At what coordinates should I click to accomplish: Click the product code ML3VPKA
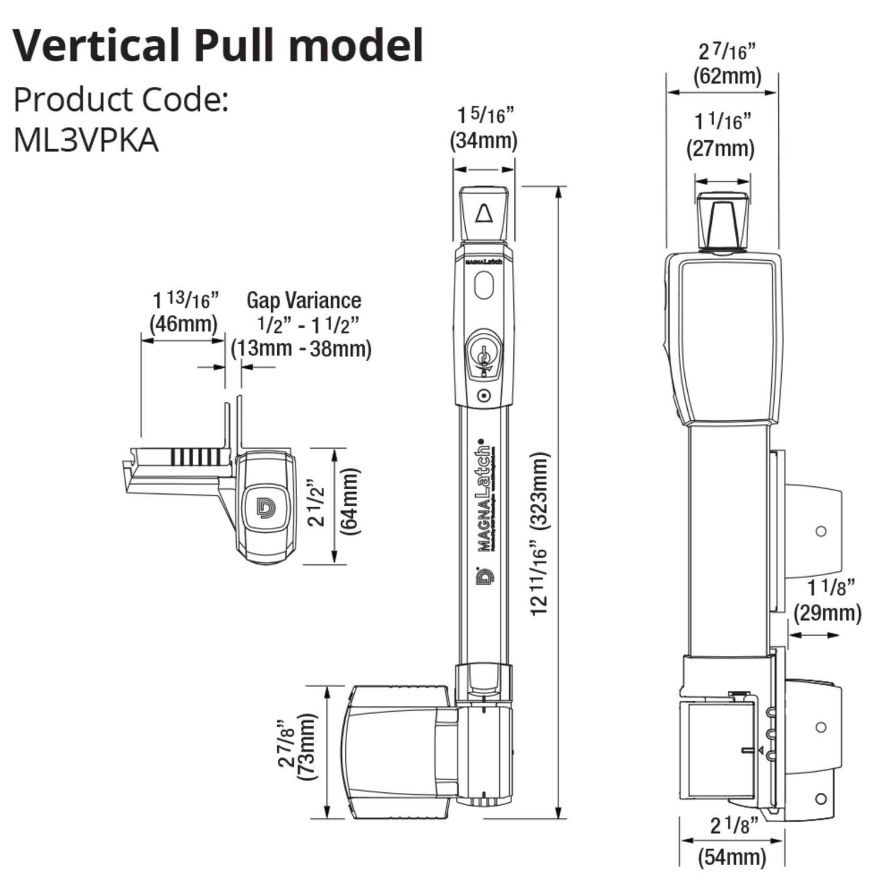pos(86,140)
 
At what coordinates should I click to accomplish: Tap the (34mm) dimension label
pos(483,141)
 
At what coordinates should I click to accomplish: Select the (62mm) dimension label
pos(727,76)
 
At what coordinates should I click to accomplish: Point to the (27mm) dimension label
pos(720,148)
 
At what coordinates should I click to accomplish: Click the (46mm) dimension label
pos(183,324)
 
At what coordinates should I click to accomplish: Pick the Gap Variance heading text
pos(304,300)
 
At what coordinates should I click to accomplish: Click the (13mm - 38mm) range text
pos(301,348)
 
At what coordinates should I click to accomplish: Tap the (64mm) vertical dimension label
pos(351,501)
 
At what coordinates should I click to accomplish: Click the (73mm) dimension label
pos(307,747)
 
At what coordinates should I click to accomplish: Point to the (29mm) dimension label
pos(827,613)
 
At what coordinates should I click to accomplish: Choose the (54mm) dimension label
pos(732,857)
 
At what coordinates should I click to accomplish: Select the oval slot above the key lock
pos(483,285)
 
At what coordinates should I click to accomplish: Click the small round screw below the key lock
pos(483,396)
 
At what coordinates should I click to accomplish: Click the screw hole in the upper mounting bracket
pos(821,531)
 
